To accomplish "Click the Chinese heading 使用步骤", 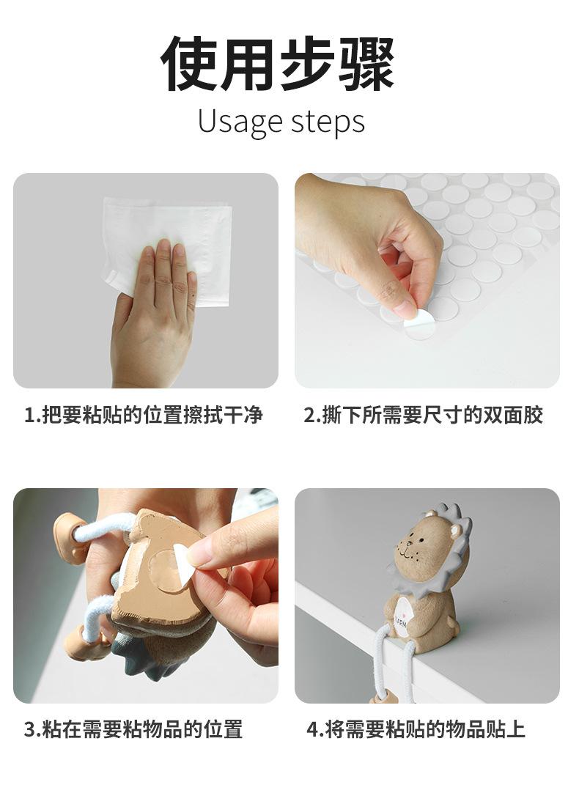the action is pyautogui.click(x=278, y=64).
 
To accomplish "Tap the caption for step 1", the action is pyautogui.click(x=144, y=415).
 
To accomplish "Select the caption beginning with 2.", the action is pyautogui.click(x=424, y=415).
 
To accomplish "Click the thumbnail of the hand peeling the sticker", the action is pyautogui.click(x=427, y=281).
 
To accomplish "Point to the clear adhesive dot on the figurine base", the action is pyautogui.click(x=163, y=567).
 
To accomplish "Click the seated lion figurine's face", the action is pyautogui.click(x=418, y=547).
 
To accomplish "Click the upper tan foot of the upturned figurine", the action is pyautogui.click(x=69, y=536).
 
